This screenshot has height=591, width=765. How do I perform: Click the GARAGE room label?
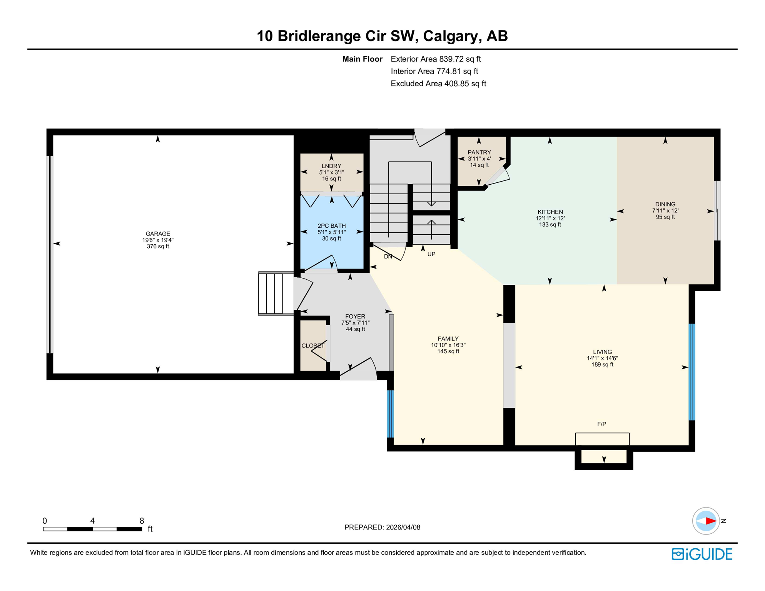[x=158, y=234]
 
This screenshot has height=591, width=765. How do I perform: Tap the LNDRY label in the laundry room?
[x=331, y=166]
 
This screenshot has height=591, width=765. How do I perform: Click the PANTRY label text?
[x=479, y=152]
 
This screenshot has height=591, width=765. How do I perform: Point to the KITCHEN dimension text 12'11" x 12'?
[x=550, y=218]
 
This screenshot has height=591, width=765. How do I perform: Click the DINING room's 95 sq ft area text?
[x=665, y=217]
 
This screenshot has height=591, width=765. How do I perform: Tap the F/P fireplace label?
[x=601, y=424]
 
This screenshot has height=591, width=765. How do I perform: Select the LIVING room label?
[x=602, y=352]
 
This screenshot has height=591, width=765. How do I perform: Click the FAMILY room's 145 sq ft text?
[x=448, y=351]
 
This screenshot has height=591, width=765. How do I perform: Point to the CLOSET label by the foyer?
[x=313, y=346]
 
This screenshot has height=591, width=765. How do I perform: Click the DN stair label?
[x=388, y=257]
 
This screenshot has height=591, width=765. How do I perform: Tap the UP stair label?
[x=431, y=254]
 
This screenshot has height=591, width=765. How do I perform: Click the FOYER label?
[x=355, y=317]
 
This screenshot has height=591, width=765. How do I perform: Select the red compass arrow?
[x=710, y=521]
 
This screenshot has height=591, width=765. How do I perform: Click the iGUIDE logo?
[x=702, y=554]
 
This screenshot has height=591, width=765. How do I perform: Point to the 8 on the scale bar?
[x=142, y=521]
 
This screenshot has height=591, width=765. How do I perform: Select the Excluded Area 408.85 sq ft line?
[x=438, y=83]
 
